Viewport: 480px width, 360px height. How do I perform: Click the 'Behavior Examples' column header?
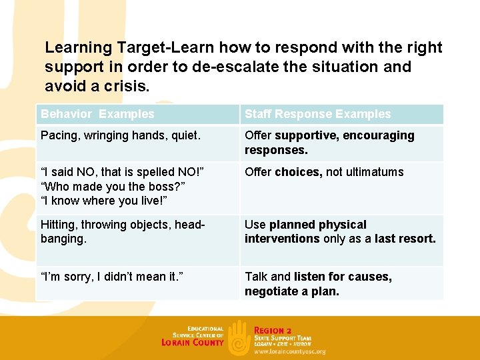pyautogui.click(x=97, y=114)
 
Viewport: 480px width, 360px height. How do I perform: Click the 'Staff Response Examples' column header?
pyautogui.click(x=317, y=114)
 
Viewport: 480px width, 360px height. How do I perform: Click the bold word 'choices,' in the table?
pyautogui.click(x=299, y=172)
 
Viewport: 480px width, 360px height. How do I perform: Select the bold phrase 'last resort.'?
pyautogui.click(x=405, y=238)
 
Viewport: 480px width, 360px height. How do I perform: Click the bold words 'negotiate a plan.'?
pyautogui.click(x=292, y=291)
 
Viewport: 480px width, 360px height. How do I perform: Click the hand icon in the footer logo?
pyautogui.click(x=239, y=337)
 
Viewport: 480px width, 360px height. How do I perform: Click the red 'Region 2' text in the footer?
pyautogui.click(x=273, y=331)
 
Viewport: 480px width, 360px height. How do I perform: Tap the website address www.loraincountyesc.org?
pyautogui.click(x=289, y=351)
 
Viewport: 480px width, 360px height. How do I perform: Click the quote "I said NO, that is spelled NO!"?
pyautogui.click(x=122, y=172)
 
